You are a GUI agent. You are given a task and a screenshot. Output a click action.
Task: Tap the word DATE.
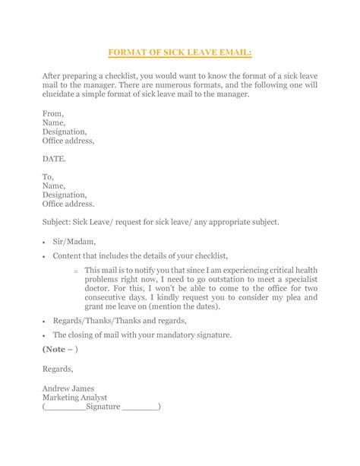(x=55, y=160)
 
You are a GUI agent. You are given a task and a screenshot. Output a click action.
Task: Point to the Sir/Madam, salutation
(x=75, y=239)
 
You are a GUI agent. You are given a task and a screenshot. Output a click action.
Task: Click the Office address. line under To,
(x=69, y=203)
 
